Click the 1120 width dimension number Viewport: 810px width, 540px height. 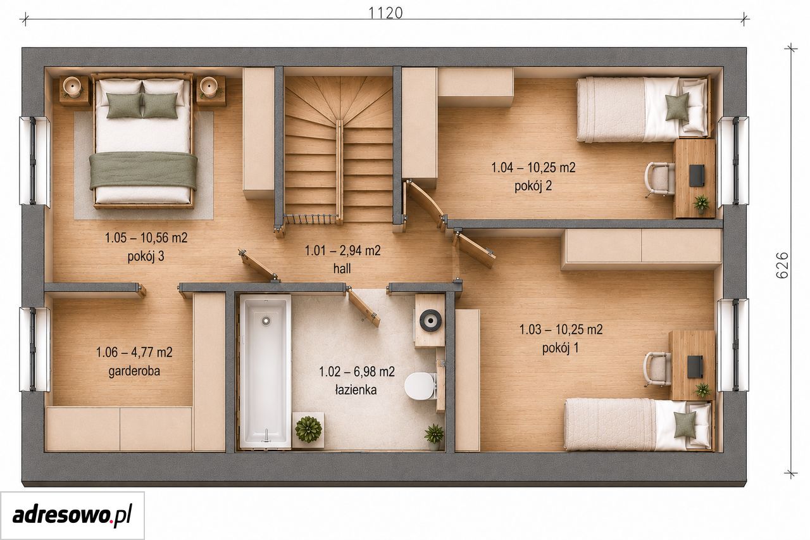pos(385,13)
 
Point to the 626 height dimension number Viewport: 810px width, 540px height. pos(782,265)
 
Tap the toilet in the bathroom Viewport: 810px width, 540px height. pos(420,386)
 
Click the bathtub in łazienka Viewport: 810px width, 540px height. pos(265,372)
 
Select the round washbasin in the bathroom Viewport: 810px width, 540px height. pos(430,320)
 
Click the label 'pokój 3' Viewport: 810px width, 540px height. pos(146,256)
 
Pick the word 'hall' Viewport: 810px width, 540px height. pos(342,268)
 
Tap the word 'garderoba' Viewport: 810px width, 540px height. pos(134,371)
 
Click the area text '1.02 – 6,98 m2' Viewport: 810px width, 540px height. pos(357,372)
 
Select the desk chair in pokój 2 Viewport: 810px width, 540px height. pos(659,179)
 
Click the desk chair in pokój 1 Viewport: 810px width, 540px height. pos(657,369)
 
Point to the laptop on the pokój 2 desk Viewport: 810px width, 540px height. pos(697,176)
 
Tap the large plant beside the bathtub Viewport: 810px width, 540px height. pos(308,429)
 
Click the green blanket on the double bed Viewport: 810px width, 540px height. pos(143,170)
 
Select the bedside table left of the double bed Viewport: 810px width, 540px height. pos(75,91)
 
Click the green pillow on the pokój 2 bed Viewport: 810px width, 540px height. pos(677,107)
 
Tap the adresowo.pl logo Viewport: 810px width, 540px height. pos(72,515)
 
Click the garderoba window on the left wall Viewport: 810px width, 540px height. pos(35,349)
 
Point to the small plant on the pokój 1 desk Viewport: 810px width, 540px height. pos(702,391)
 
